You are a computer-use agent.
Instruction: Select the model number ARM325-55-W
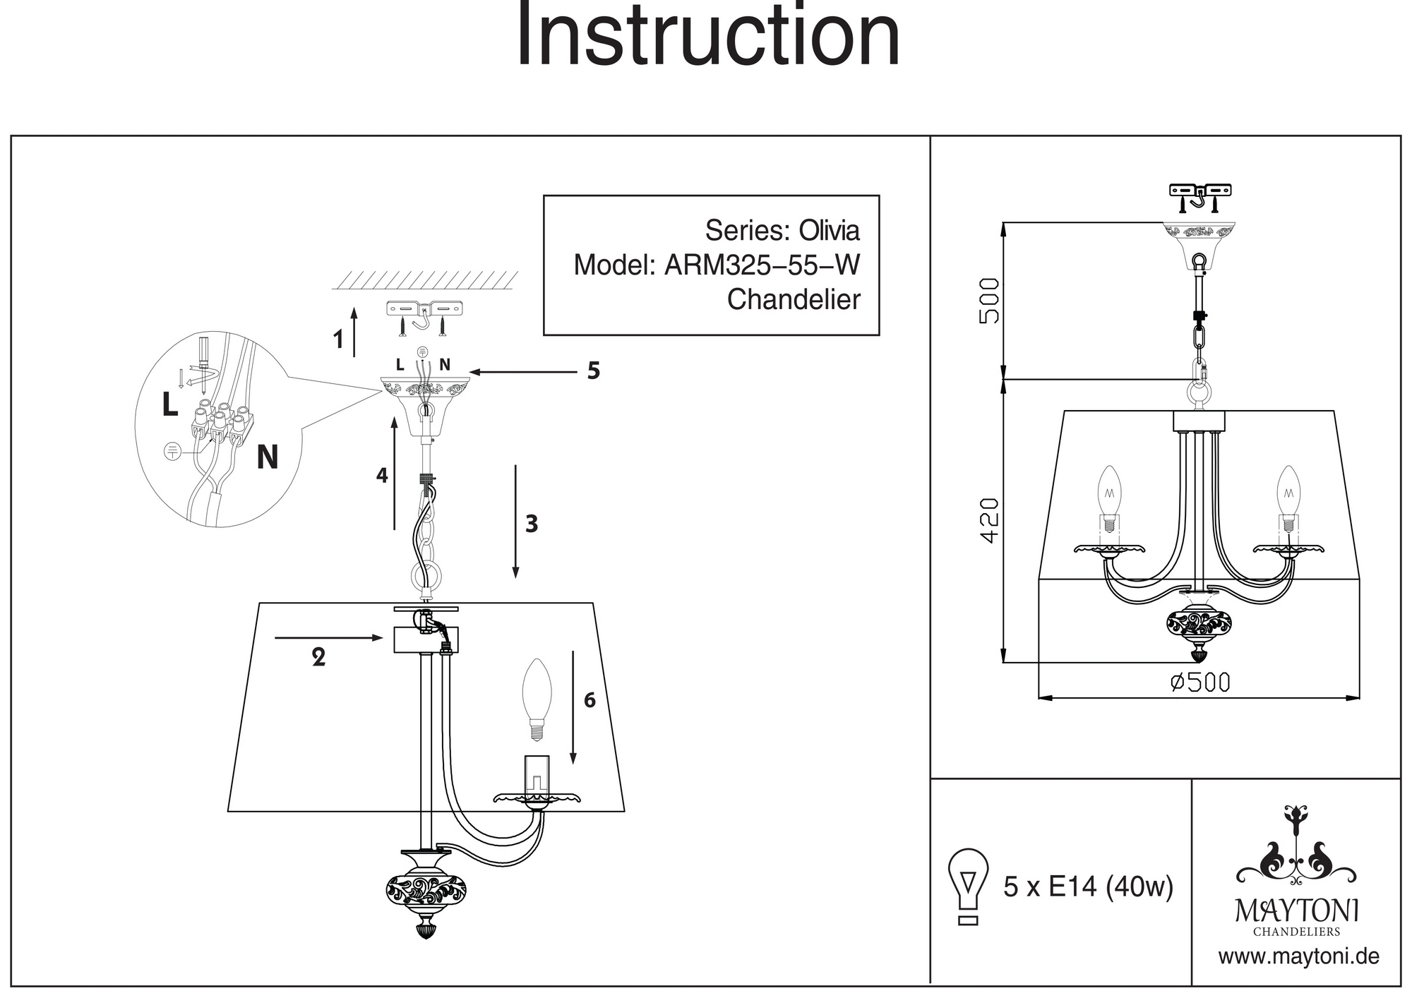(762, 265)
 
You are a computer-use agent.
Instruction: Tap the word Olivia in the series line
(829, 231)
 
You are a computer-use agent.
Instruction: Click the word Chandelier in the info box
(794, 299)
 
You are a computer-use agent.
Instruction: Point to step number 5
(593, 371)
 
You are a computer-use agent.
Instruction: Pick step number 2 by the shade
(318, 657)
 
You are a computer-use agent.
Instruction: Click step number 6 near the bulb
(590, 700)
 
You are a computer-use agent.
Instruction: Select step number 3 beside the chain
(532, 524)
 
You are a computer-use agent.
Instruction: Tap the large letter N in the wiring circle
(267, 457)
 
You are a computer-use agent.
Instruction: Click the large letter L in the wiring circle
(169, 404)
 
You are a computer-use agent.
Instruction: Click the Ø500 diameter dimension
(1199, 682)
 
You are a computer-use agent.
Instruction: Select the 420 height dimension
(991, 520)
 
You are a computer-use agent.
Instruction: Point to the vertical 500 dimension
(991, 301)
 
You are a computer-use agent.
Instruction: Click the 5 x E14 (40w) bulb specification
(1088, 886)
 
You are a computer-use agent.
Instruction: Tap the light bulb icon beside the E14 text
(969, 885)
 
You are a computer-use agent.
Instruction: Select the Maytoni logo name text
(1297, 911)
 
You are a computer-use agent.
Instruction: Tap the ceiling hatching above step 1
(425, 281)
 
